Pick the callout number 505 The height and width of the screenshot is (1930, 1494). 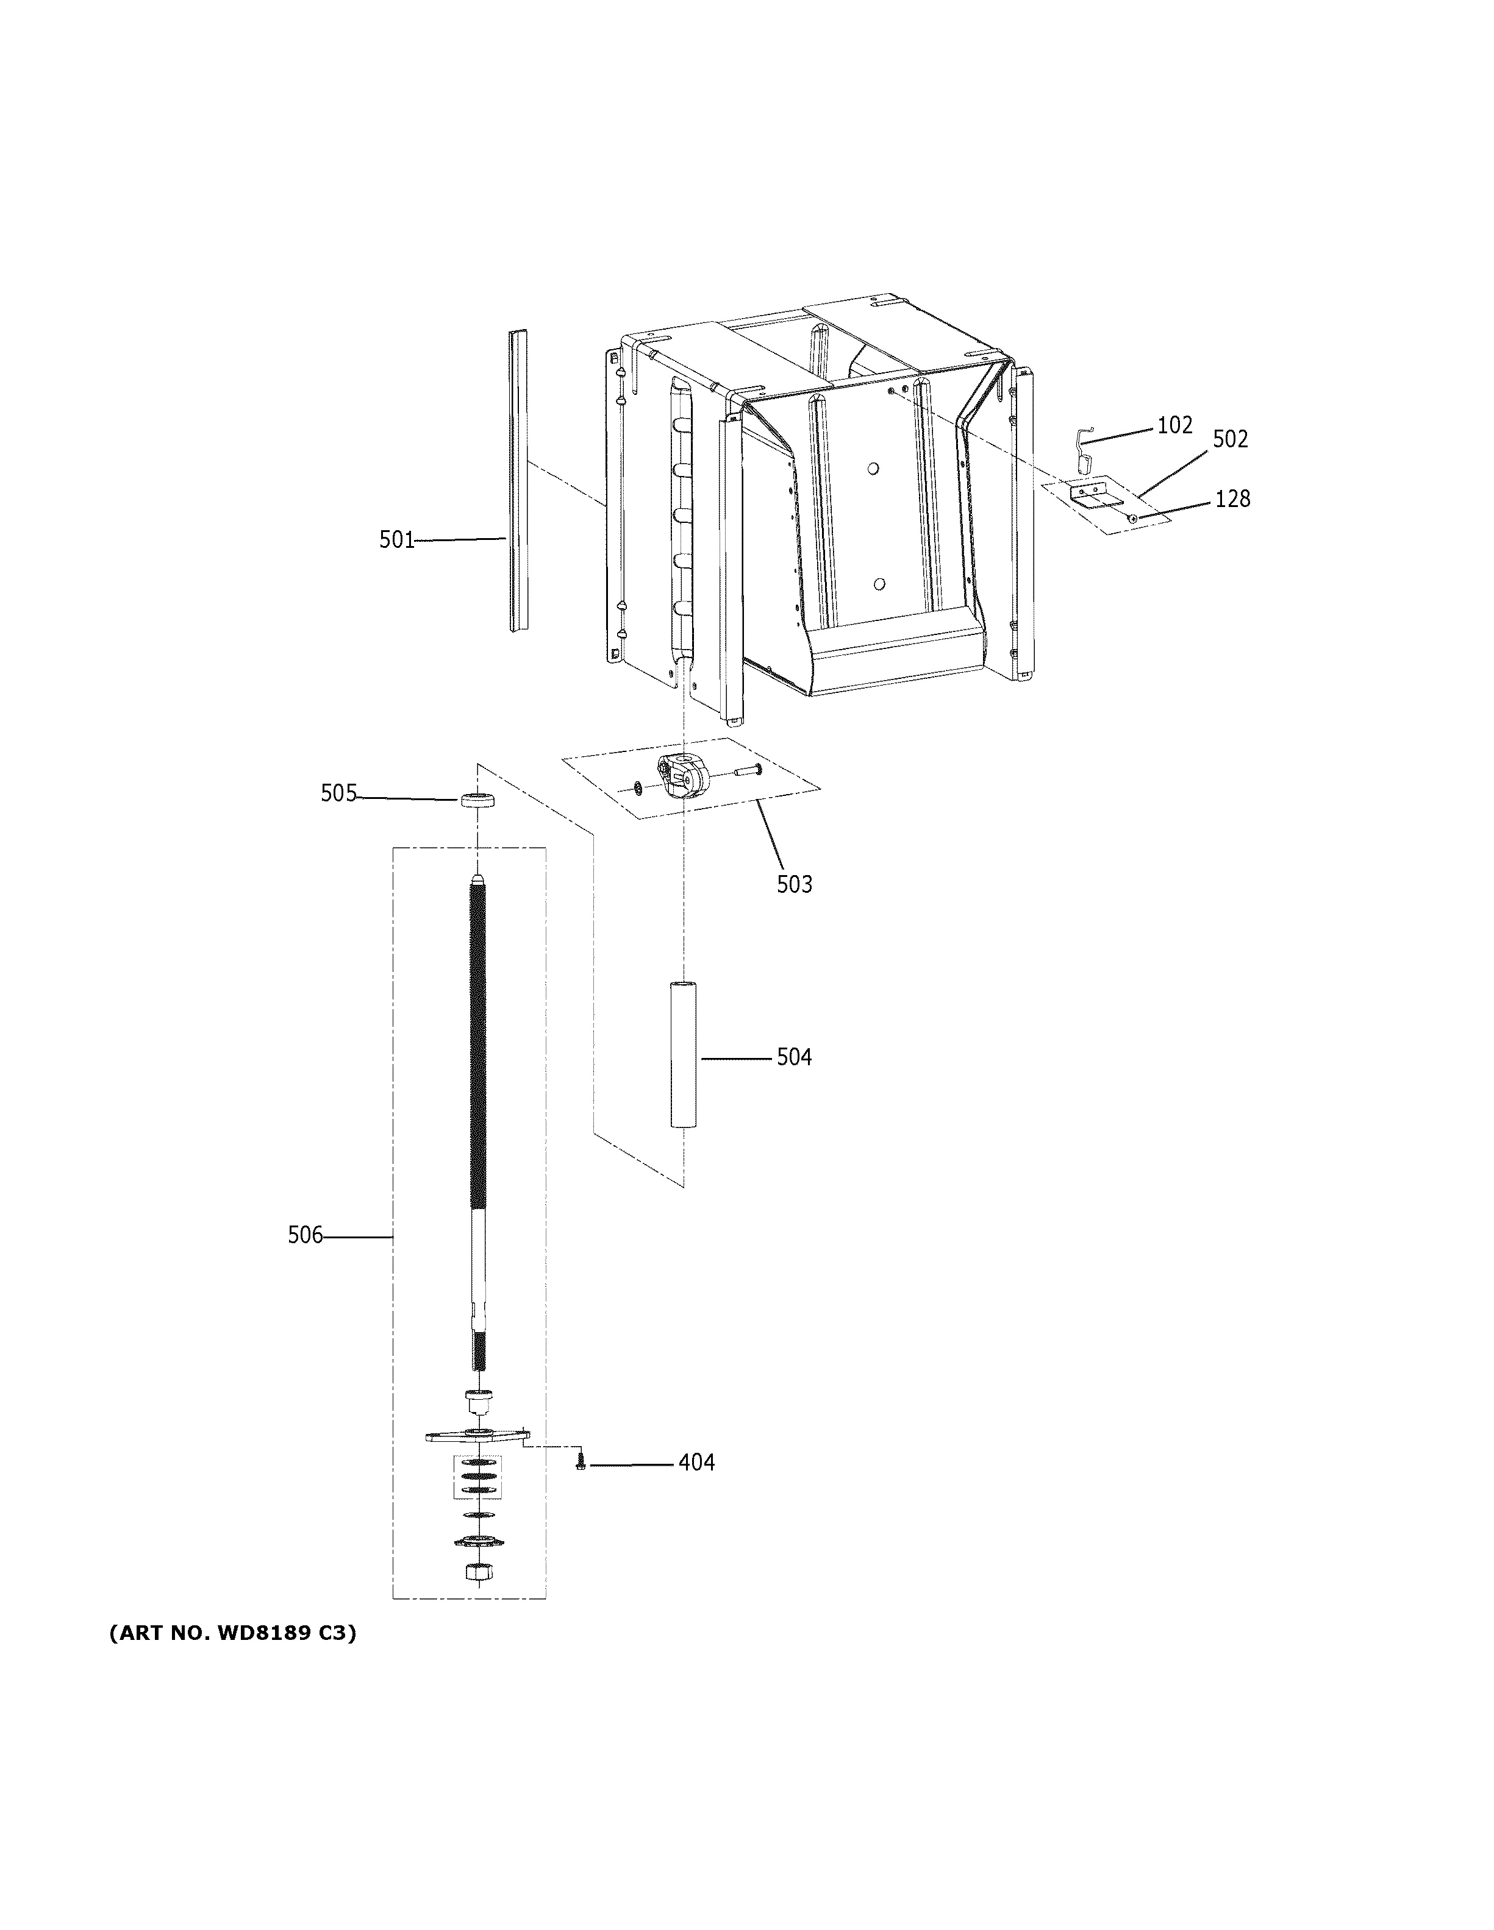338,793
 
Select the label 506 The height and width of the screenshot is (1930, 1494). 305,1235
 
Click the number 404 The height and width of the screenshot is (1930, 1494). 696,1463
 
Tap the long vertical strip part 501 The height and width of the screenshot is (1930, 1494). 518,481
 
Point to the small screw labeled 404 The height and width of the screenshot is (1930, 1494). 581,1463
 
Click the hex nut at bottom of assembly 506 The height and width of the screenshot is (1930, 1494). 477,1572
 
